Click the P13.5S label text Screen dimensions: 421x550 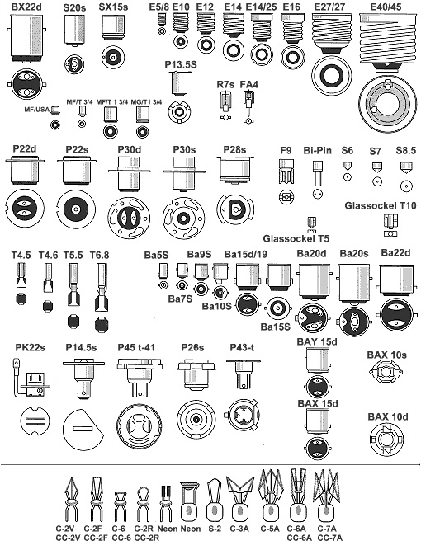pos(181,64)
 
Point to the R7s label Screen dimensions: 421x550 pos(225,85)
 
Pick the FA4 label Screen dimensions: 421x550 pos(249,85)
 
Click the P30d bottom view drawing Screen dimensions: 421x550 pos(130,218)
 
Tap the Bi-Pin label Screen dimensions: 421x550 pos(318,150)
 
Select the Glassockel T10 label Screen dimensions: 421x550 pos(381,205)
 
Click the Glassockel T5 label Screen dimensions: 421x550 pos(296,239)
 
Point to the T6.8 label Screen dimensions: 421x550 pos(99,256)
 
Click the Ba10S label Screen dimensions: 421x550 pos(216,306)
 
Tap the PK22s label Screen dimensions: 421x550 pos(31,348)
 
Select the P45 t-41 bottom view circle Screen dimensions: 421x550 pos(140,427)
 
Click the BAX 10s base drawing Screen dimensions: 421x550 pos(386,372)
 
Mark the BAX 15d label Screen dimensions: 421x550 pos(318,404)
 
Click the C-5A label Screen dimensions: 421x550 pos(270,529)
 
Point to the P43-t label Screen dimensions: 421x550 pos(242,348)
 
